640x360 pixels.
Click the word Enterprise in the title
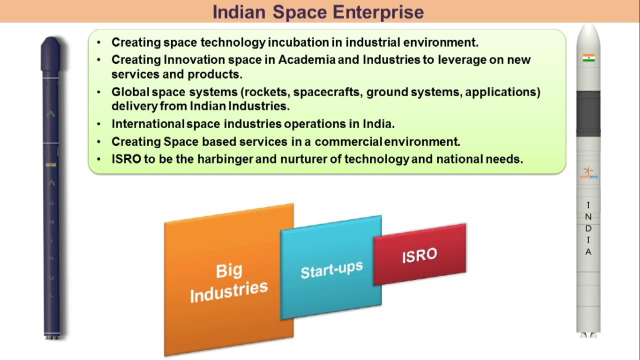pos(378,12)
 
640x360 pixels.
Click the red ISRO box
pos(419,254)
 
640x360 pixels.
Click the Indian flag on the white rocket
pos(589,58)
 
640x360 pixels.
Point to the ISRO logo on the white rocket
pos(588,173)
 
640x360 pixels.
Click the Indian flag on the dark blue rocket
pos(51,165)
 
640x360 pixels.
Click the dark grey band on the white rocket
pos(588,113)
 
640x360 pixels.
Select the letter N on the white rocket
pos(588,217)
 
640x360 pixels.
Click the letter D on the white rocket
pos(588,228)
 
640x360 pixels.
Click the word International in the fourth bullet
pos(147,124)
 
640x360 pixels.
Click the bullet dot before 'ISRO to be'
pos(99,159)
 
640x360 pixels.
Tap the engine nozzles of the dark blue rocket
pos(51,337)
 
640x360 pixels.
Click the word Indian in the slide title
pos(239,12)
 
